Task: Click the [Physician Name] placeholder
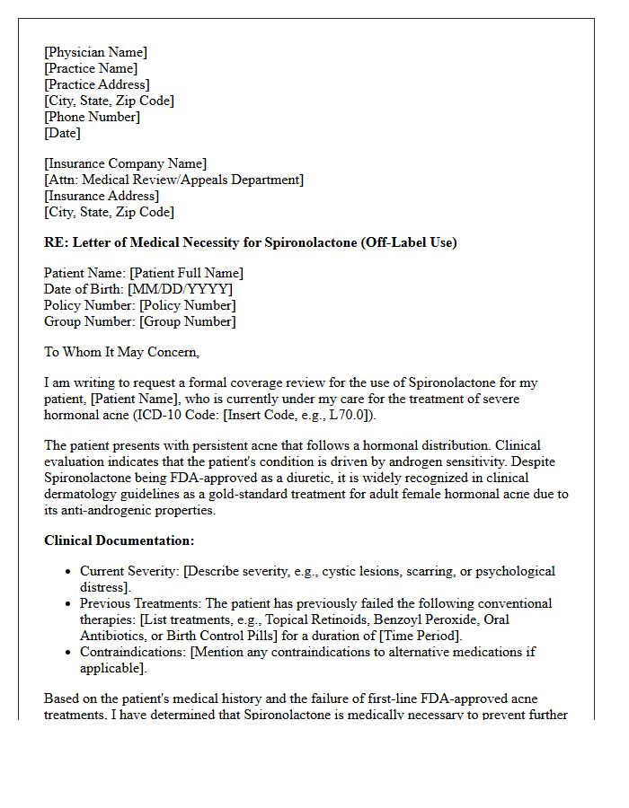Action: tap(95, 52)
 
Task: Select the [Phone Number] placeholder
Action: tap(92, 117)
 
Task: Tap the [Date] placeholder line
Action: tap(62, 133)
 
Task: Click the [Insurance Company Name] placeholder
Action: tap(125, 163)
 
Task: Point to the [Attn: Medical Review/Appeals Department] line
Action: tap(173, 180)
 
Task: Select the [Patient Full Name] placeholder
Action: tap(186, 273)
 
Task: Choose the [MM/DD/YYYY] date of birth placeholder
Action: tap(180, 289)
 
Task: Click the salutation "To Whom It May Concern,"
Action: tap(121, 352)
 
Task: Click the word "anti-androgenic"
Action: tap(111, 510)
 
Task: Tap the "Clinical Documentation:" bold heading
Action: tap(119, 540)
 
